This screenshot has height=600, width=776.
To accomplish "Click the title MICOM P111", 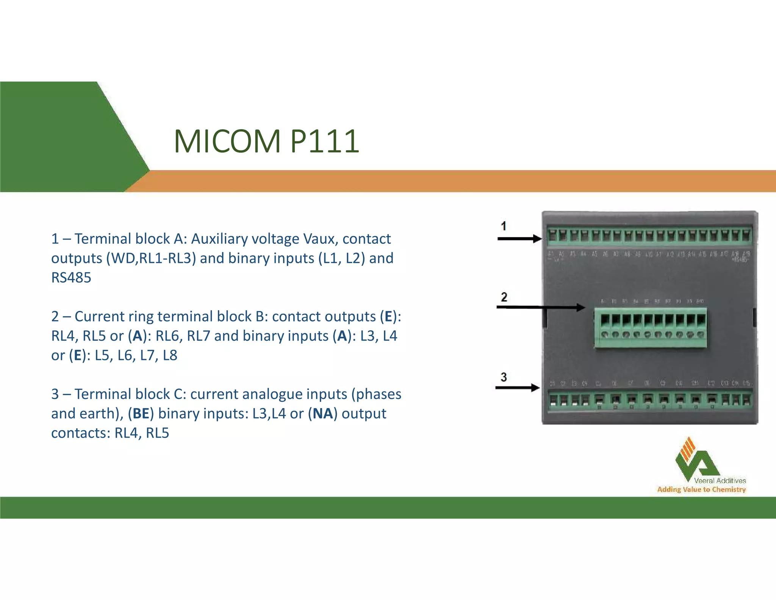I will coord(266,141).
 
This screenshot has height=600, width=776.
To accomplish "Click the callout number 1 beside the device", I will coord(503,226).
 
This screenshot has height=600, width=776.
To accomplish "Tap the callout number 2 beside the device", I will coord(504,297).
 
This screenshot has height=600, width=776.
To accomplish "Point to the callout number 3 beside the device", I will coord(503,377).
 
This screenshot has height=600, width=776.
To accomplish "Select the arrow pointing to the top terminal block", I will coord(519,239).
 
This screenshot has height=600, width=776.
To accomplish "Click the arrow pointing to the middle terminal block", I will coord(540,307).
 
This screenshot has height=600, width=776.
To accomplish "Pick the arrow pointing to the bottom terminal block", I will coord(517,388).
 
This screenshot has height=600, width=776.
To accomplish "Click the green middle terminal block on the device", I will coord(650,328).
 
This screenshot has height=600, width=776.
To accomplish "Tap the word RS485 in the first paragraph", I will coord(71,278).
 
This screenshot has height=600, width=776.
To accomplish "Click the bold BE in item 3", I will coord(141,413).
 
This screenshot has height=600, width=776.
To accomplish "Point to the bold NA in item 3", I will coord(322,413).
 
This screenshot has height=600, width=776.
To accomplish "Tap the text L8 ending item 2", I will coord(170,355).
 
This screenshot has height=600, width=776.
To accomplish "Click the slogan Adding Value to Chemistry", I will coord(701,490).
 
